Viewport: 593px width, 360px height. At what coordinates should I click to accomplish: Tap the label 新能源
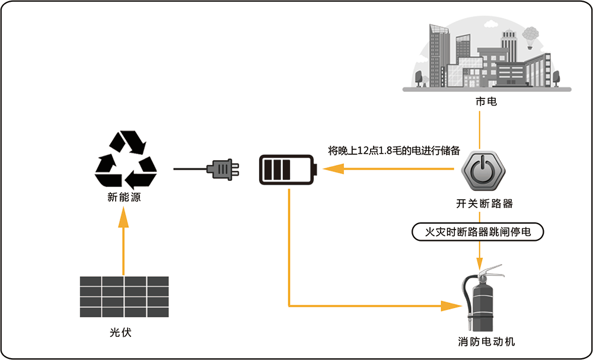124,197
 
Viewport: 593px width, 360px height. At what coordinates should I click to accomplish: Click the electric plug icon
223,169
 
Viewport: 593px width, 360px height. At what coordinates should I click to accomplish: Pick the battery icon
288,170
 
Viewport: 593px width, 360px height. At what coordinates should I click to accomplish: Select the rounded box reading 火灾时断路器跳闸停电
478,232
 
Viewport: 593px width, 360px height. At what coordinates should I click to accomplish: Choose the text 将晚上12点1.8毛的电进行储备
394,151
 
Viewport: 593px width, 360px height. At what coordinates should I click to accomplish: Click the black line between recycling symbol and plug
190,169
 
